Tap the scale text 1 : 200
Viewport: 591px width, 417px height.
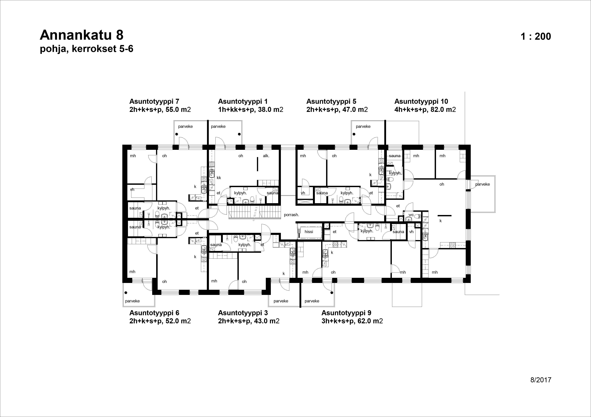coord(536,36)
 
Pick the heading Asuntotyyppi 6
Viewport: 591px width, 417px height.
coord(154,313)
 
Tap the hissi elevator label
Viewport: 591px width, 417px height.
coord(309,232)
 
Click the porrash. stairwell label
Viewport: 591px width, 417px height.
coord(291,215)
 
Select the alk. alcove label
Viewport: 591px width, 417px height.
coord(266,156)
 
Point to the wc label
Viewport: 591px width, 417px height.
coord(411,215)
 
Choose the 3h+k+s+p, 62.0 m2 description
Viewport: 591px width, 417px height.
coord(352,321)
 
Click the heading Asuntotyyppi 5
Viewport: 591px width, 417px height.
coord(331,101)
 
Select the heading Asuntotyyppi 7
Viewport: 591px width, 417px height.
coord(154,101)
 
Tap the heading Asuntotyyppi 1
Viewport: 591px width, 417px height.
coord(243,101)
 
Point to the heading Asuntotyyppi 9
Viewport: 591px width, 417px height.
coord(346,313)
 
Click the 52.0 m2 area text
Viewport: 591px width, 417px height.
coord(178,321)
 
